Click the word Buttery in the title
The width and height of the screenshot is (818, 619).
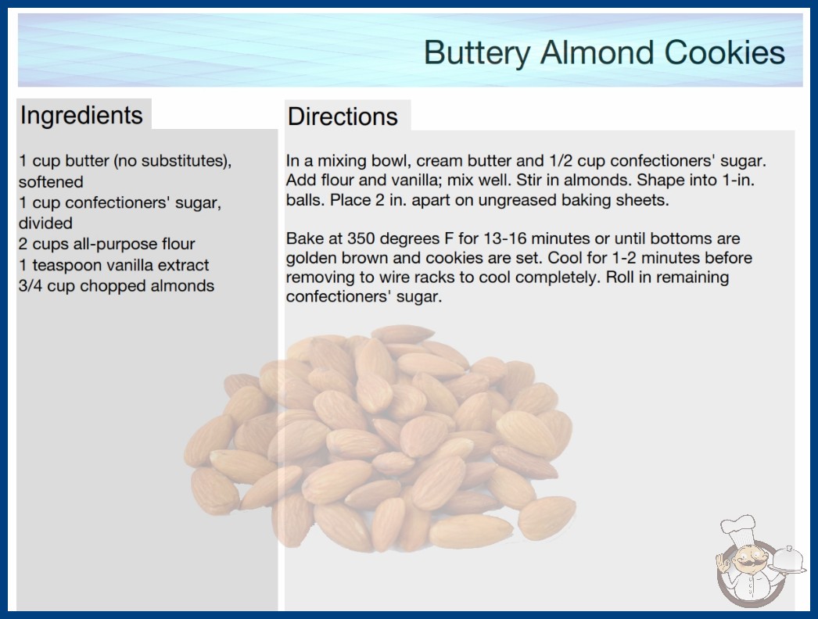[476, 53]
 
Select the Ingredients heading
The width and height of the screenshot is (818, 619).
[81, 116]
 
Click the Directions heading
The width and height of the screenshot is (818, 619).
[343, 116]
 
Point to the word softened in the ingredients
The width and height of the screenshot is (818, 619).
[51, 181]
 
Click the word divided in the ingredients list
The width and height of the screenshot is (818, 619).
[45, 224]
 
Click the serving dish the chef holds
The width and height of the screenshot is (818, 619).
[788, 560]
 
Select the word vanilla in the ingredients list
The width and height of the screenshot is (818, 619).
[129, 265]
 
